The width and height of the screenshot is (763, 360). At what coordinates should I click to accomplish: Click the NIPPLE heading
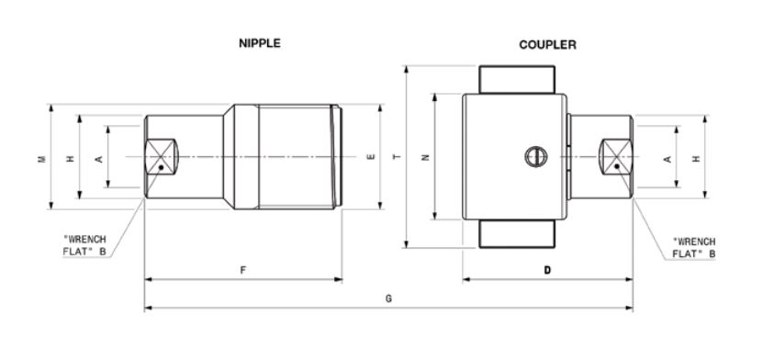point(259,43)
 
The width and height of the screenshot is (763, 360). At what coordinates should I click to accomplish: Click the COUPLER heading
point(547,45)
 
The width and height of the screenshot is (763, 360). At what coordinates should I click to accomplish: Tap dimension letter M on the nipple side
point(42,159)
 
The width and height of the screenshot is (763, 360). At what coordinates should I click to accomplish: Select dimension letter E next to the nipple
point(371,157)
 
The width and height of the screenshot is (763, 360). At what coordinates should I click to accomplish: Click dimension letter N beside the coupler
point(426,157)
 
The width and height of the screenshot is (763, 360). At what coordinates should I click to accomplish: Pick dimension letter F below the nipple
point(242,271)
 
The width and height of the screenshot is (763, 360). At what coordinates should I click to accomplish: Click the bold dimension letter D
point(547,271)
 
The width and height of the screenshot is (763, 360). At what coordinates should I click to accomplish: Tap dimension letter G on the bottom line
point(388,298)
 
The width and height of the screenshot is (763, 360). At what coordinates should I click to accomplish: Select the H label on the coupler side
point(696,159)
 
